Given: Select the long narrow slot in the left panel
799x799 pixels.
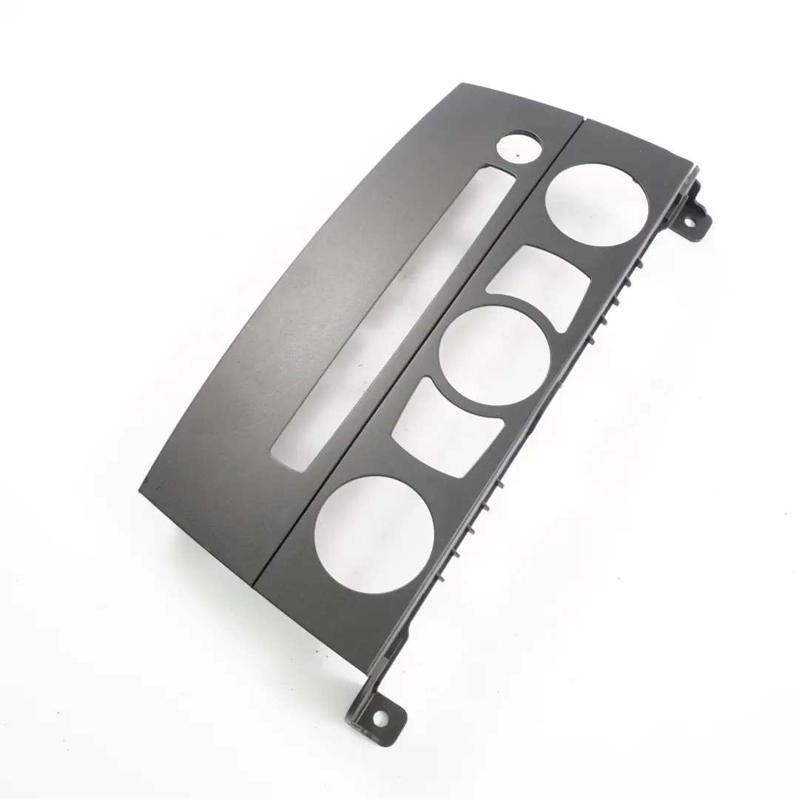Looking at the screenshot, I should tap(391, 318).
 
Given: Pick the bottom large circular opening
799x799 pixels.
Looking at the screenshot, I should tap(374, 524).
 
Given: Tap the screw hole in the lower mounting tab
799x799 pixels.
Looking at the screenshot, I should tap(380, 717).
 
